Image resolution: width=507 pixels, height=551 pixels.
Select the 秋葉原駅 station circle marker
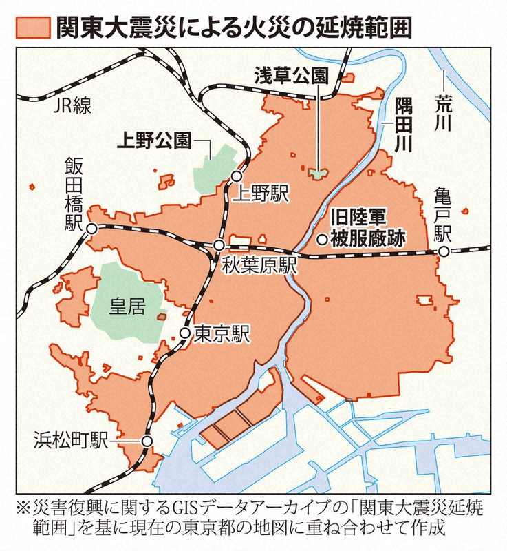coord(219,245)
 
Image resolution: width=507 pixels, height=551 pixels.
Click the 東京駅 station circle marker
coord(184,333)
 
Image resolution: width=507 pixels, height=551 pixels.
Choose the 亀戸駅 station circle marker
coord(444,252)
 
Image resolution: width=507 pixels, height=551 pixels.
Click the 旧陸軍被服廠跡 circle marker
coord(321,240)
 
